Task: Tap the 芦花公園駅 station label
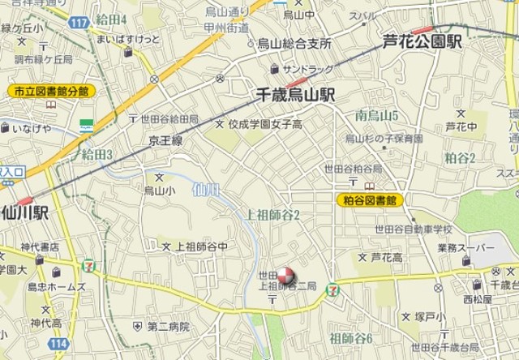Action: pos(423,41)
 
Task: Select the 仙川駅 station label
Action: pos(26,213)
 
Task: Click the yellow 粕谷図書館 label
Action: pos(370,199)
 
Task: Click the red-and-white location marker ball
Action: pos(285,275)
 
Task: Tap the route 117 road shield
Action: pos(78,22)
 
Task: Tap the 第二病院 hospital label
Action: pos(168,326)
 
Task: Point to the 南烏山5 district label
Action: pos(376,116)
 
